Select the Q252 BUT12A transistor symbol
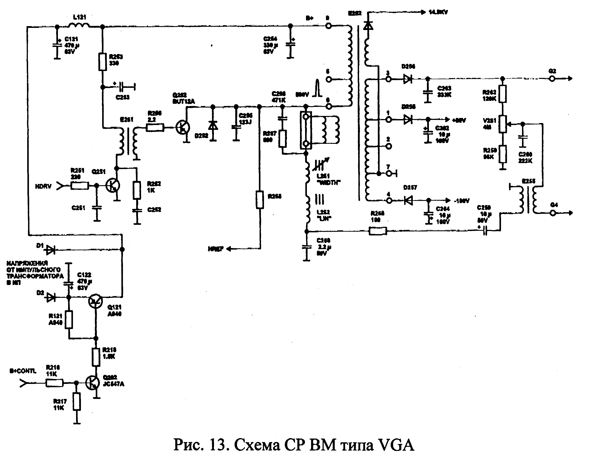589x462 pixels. coord(183,127)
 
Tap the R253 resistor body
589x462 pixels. coord(102,62)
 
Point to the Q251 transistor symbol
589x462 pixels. coord(113,186)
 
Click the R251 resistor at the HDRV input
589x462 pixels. coord(80,186)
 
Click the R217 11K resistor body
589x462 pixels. coord(77,402)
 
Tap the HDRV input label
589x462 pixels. coord(43,186)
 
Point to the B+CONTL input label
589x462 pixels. coord(23,371)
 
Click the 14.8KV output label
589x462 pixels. coord(438,12)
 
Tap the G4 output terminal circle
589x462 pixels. coord(553,213)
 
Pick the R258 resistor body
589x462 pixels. coord(378,231)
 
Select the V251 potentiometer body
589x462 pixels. coord(503,124)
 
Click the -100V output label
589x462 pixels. coord(462,201)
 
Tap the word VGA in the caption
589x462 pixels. coord(397,445)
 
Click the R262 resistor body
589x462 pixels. coord(503,94)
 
